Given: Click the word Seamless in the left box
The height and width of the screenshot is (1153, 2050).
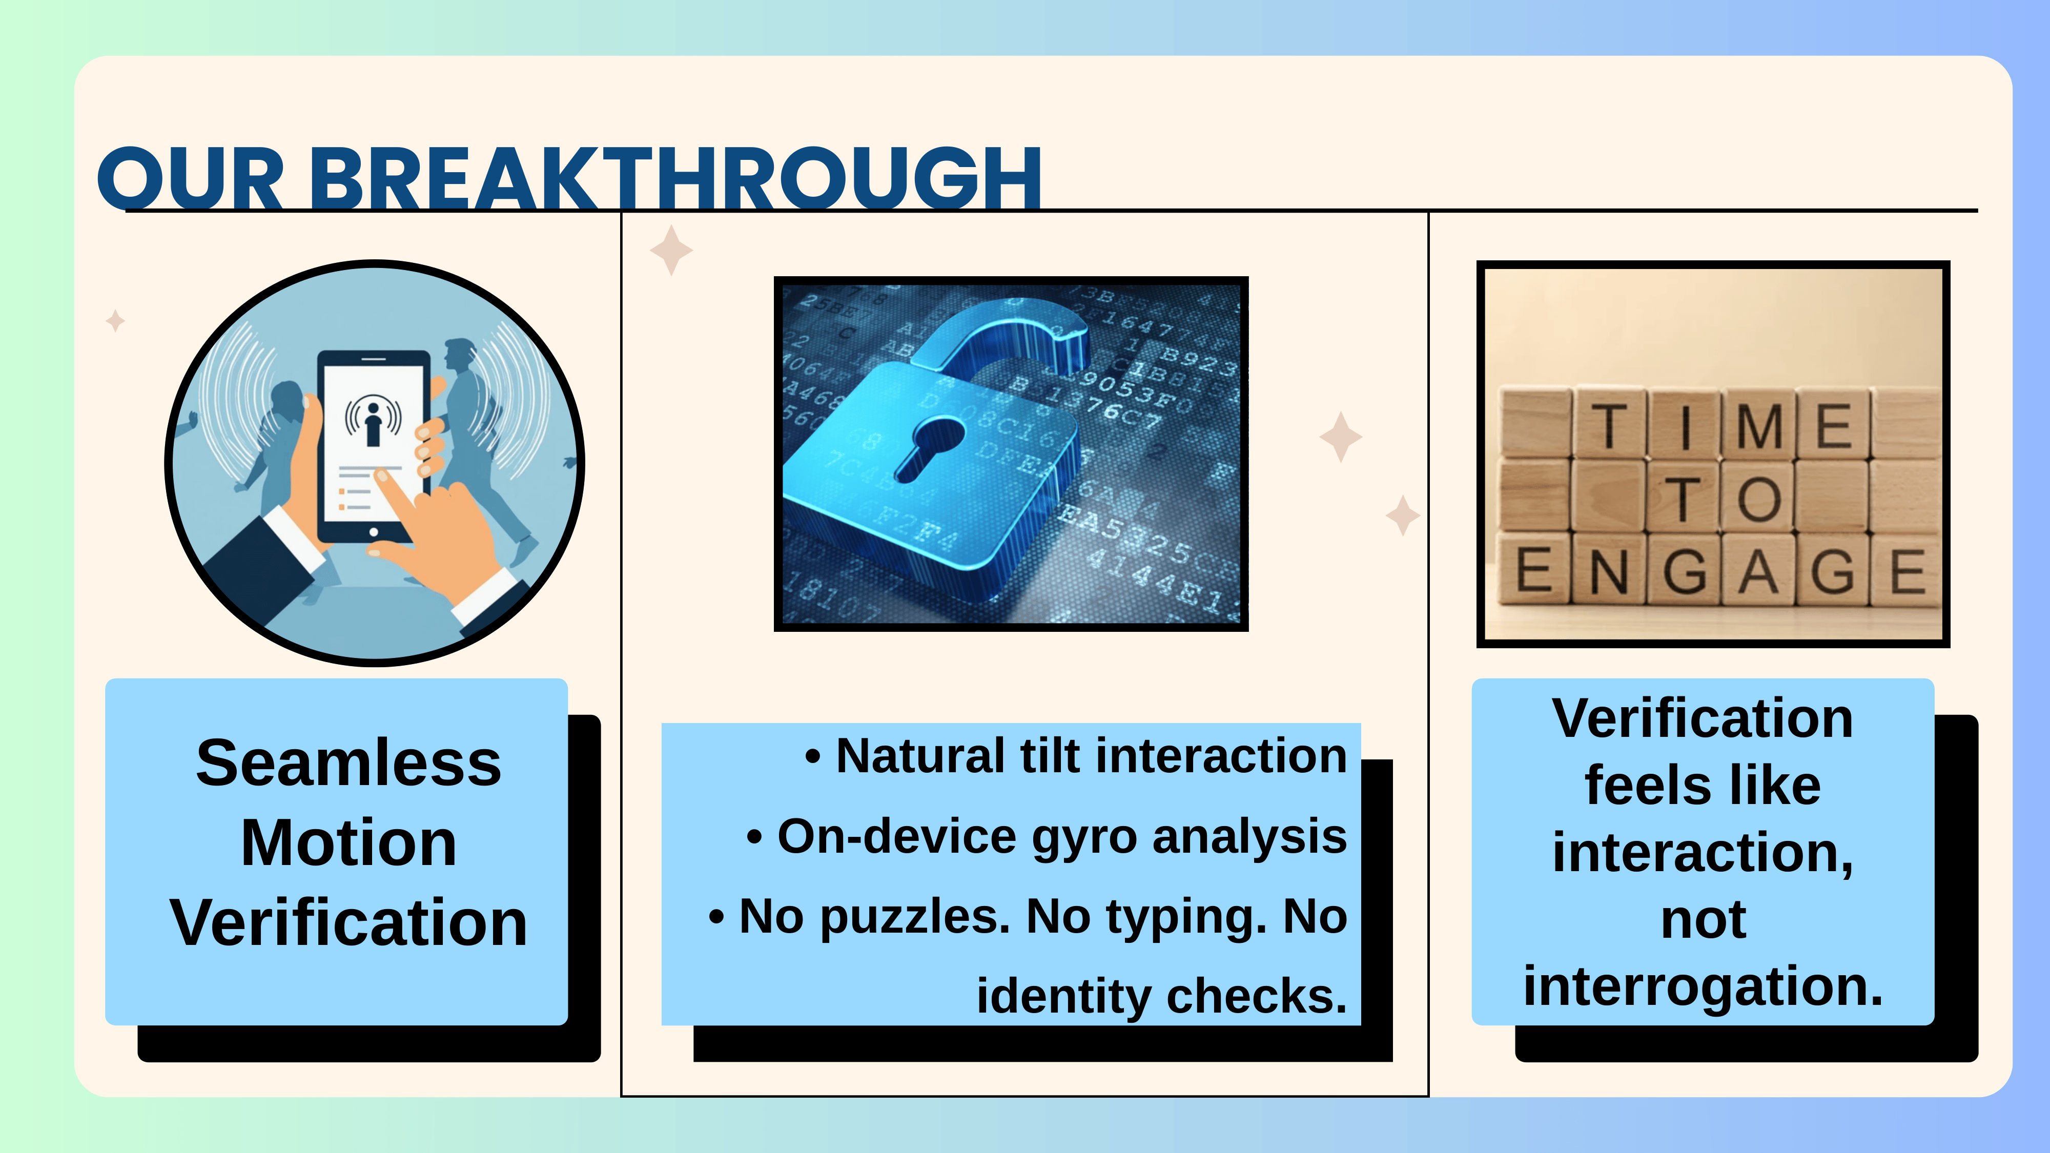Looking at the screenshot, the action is (348, 763).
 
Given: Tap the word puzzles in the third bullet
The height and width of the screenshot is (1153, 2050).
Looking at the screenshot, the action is (914, 917).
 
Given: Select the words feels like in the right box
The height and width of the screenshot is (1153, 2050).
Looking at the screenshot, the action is (1703, 786).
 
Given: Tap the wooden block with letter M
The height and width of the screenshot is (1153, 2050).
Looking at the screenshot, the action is (1759, 424).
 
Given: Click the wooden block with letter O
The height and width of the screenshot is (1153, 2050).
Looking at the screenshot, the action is (1758, 497).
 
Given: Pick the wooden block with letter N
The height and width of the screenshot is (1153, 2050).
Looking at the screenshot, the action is (1608, 569).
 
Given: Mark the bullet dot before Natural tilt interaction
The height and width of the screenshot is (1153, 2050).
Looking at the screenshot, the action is (812, 757).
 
